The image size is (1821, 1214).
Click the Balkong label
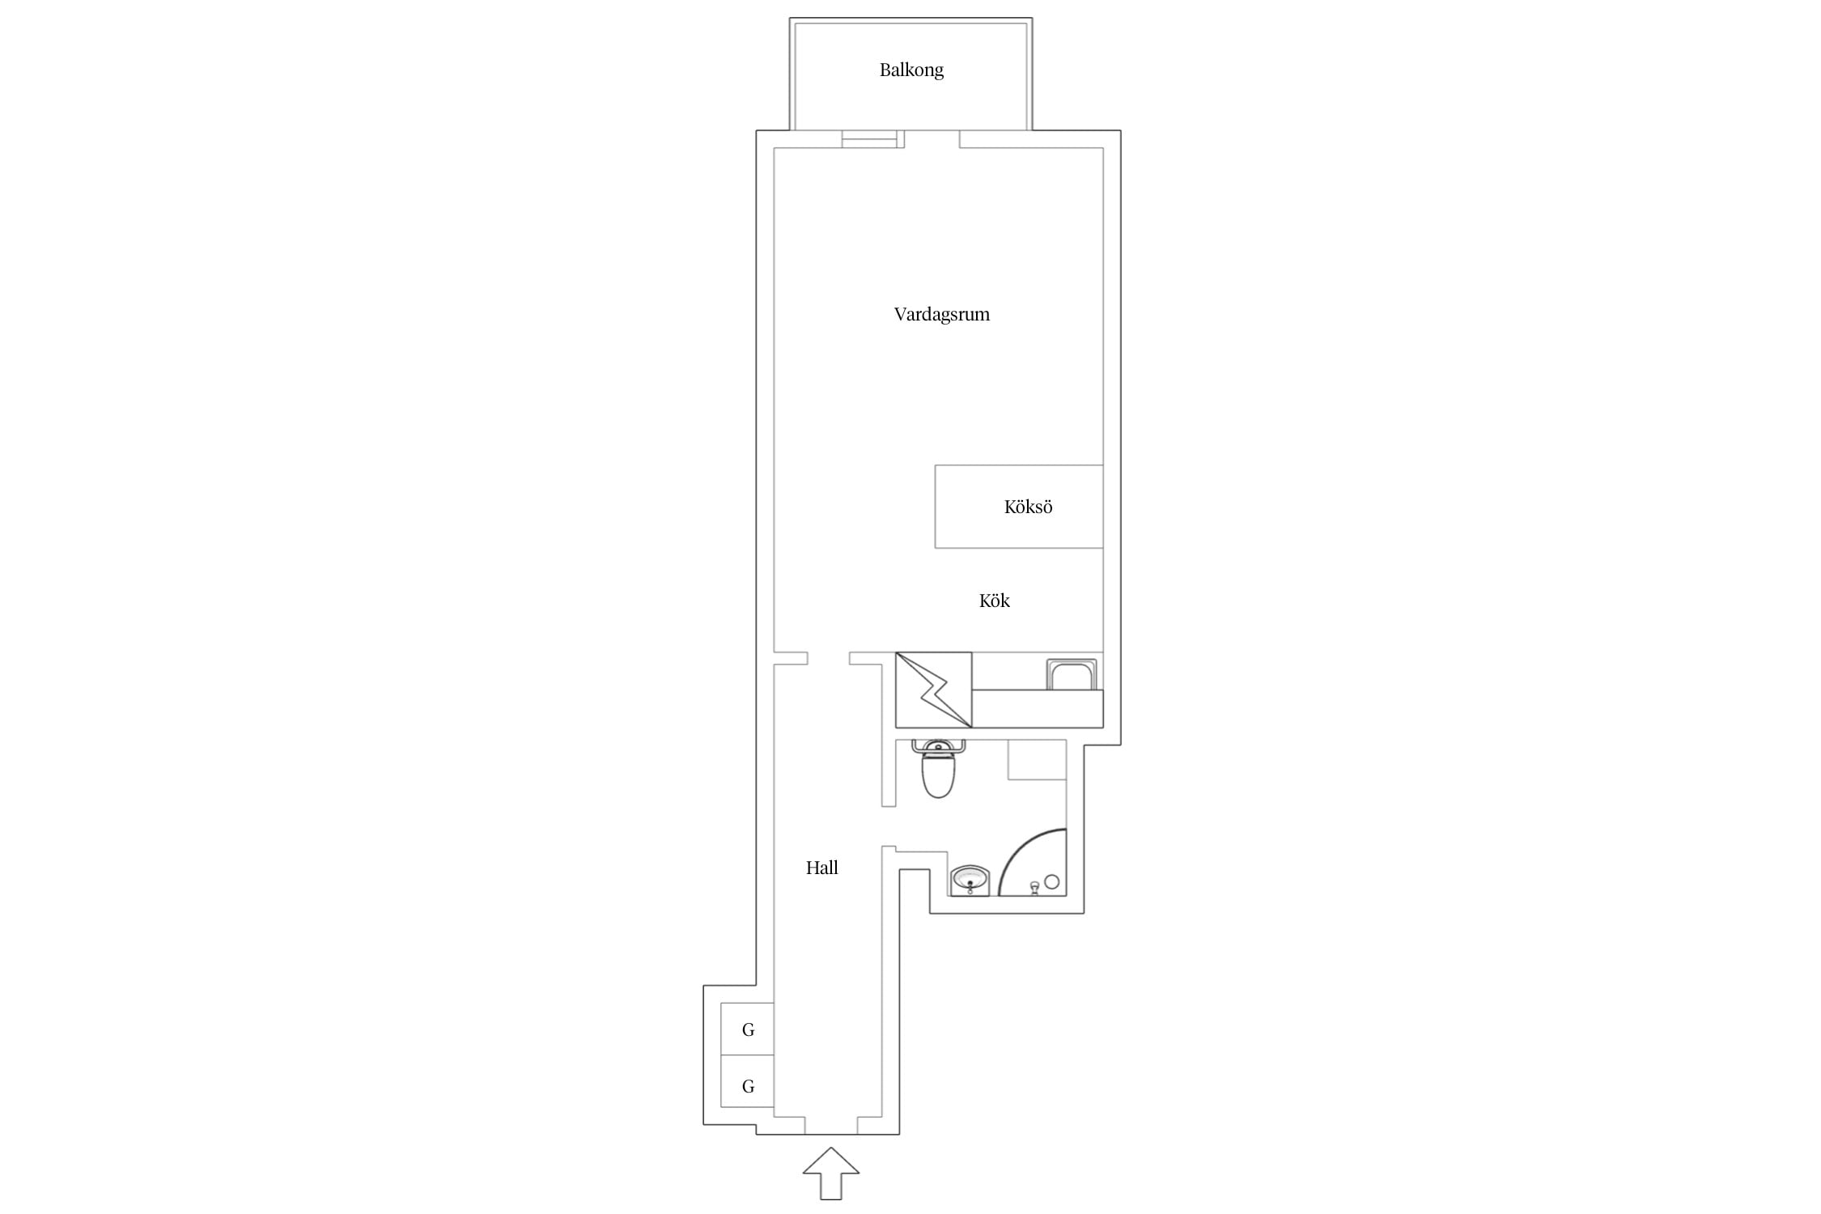(x=911, y=70)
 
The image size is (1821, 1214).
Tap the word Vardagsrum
(x=941, y=314)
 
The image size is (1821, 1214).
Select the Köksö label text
(x=1028, y=507)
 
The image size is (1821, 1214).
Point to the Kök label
(x=994, y=600)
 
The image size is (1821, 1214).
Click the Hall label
(x=821, y=868)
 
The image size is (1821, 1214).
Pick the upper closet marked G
(x=748, y=1029)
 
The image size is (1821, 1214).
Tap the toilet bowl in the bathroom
(x=938, y=775)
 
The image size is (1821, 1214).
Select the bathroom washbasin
(x=970, y=881)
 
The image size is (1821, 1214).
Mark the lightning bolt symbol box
(x=933, y=690)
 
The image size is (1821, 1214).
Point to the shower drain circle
(x=1051, y=882)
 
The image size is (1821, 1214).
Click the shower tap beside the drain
(x=1034, y=888)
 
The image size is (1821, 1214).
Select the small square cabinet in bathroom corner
(x=1037, y=759)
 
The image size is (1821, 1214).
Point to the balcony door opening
(x=932, y=139)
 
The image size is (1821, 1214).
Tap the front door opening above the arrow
(x=831, y=1125)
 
